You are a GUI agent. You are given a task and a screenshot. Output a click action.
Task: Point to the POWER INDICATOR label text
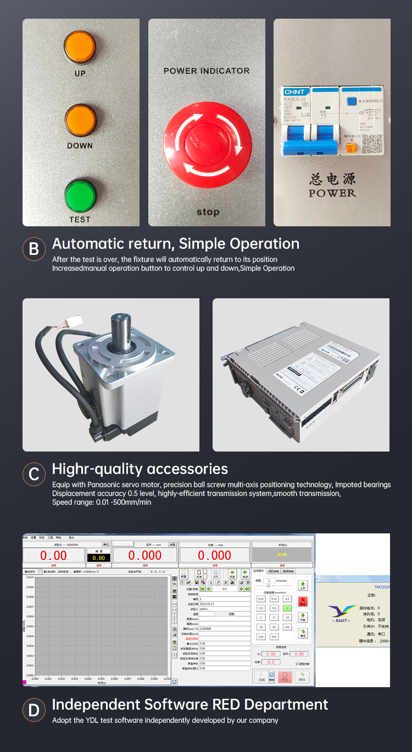pos(207,71)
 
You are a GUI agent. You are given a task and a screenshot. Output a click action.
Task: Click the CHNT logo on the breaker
pos(295,92)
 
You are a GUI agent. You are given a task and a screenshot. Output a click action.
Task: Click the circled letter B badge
pos(34,249)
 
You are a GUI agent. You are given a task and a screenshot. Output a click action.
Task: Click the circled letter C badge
pos(34,474)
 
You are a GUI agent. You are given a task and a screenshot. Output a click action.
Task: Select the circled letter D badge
pos(34,710)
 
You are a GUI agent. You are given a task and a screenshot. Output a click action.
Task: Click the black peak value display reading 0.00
pos(98,558)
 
